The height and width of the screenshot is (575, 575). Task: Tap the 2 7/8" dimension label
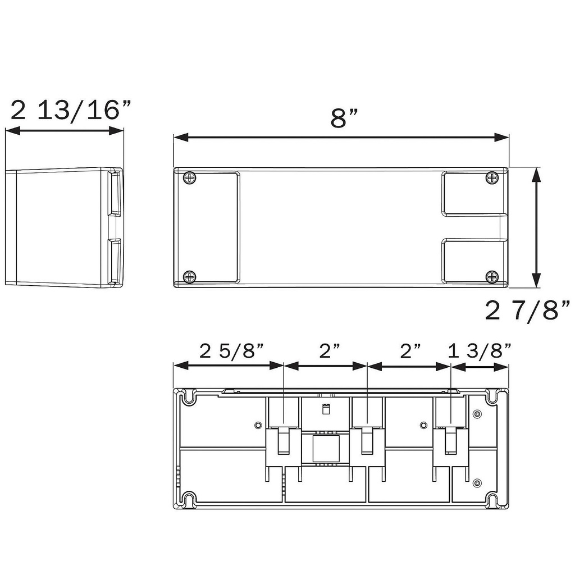pyautogui.click(x=527, y=311)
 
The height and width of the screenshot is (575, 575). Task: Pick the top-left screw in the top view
pyautogui.click(x=190, y=179)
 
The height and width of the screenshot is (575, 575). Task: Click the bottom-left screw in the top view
pyautogui.click(x=190, y=276)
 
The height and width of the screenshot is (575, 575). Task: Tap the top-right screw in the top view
pyautogui.click(x=492, y=179)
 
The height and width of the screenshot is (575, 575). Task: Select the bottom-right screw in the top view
pyautogui.click(x=492, y=276)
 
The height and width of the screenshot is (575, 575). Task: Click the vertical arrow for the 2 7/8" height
pyautogui.click(x=536, y=227)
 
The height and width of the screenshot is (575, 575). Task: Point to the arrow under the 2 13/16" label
pyautogui.click(x=64, y=131)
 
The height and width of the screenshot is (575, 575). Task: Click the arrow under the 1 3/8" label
pyautogui.click(x=480, y=367)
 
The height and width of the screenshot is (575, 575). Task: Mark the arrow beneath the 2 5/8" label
pyautogui.click(x=228, y=365)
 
